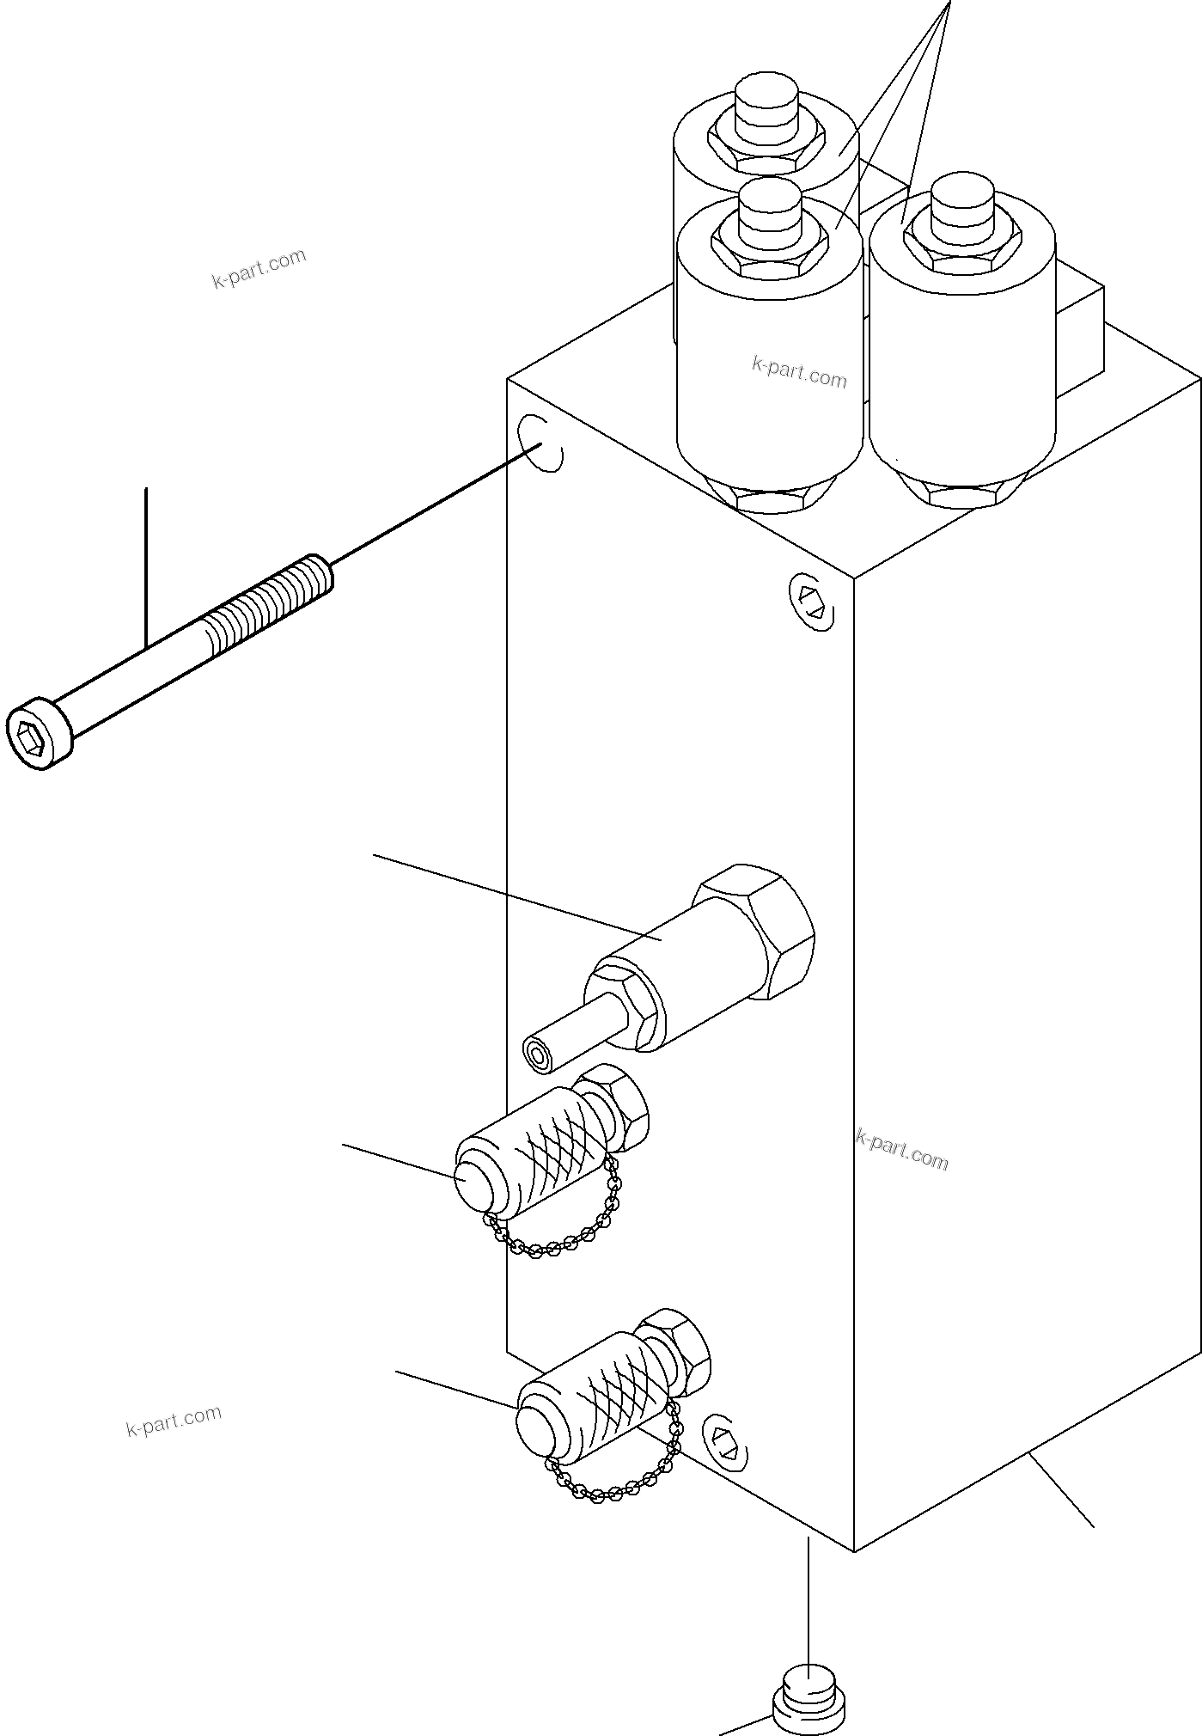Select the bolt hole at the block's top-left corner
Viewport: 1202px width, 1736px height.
tap(541, 443)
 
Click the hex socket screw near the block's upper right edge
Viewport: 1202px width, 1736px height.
tap(812, 602)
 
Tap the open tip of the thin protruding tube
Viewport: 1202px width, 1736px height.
tap(538, 1056)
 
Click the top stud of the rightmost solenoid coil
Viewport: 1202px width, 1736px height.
tap(961, 207)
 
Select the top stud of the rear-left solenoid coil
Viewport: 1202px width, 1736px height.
tap(767, 107)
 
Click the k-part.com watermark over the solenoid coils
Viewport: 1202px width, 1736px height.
tap(799, 373)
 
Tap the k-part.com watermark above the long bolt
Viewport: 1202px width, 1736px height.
tap(259, 268)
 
